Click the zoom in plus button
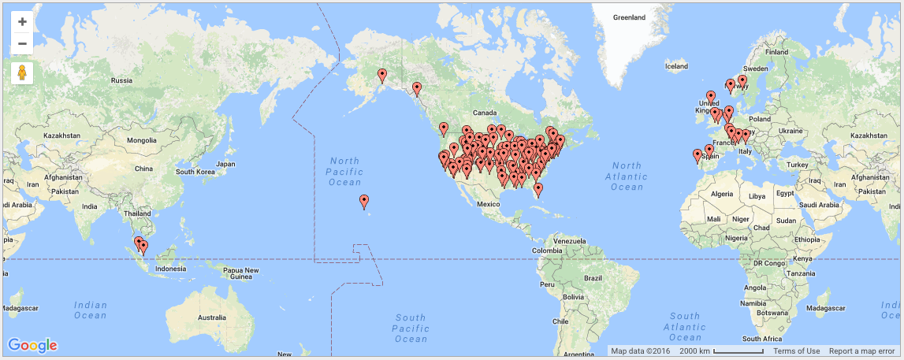tap(22, 21)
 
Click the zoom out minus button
tap(22, 43)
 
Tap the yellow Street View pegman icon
tap(22, 73)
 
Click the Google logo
tap(32, 345)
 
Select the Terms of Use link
tap(796, 351)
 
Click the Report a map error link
tap(861, 351)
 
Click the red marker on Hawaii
tap(364, 202)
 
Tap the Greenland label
tap(629, 17)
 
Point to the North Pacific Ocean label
tap(346, 172)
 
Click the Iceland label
tap(676, 66)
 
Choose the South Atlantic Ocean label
tap(683, 327)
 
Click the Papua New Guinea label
tap(241, 273)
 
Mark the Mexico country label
tap(489, 204)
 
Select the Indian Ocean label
tap(91, 310)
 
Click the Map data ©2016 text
tap(640, 351)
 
